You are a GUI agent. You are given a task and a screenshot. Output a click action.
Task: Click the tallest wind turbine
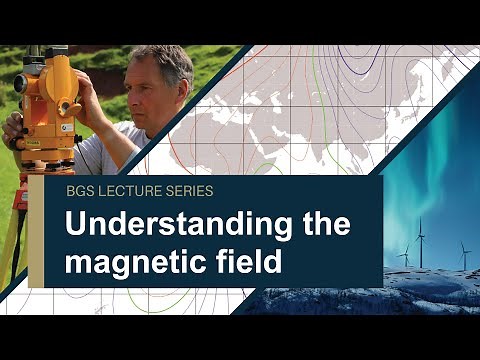[x=420, y=240]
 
